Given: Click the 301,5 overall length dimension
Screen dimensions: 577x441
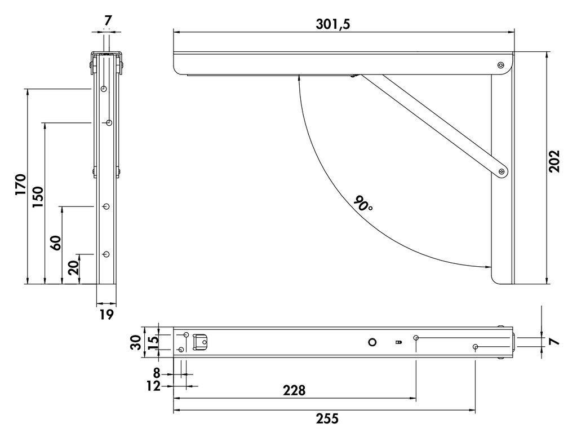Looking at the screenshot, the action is click(x=332, y=24).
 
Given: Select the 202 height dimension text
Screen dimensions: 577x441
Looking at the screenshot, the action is click(x=554, y=161).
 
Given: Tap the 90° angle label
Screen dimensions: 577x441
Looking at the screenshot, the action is click(x=363, y=203).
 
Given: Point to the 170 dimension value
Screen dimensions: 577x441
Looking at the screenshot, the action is click(x=21, y=184).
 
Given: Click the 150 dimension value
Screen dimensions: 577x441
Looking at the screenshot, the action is click(x=38, y=197).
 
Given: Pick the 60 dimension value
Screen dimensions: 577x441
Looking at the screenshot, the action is click(x=56, y=242).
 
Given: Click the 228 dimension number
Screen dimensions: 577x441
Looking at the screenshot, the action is click(x=294, y=390).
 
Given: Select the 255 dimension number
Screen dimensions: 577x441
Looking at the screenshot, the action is click(x=327, y=418).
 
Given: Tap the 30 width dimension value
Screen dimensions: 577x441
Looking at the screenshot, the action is click(x=135, y=342).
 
